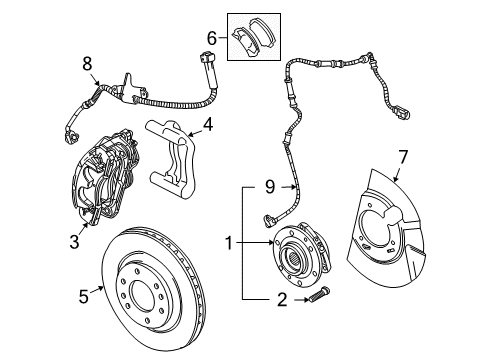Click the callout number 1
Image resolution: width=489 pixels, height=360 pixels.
click(230, 243)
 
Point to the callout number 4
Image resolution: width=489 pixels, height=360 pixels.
click(207, 126)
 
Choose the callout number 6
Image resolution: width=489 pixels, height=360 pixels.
click(211, 37)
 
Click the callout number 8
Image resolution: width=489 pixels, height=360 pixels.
click(86, 61)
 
